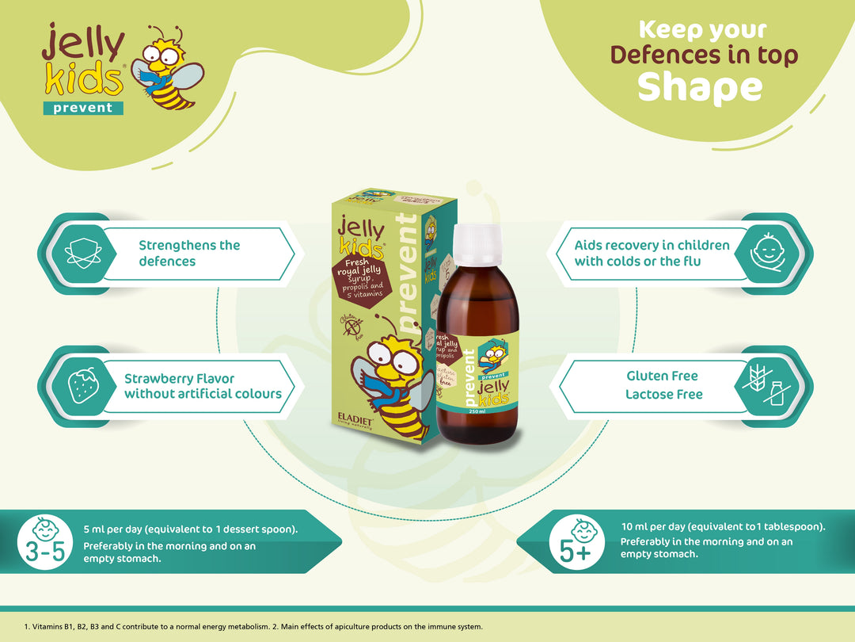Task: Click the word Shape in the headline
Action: pos(700,87)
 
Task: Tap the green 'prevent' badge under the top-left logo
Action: pos(83,108)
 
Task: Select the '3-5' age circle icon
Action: pos(44,542)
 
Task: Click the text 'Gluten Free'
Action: pos(662,376)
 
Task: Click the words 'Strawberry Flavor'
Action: pos(179,378)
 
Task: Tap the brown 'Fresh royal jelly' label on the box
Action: pos(362,277)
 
